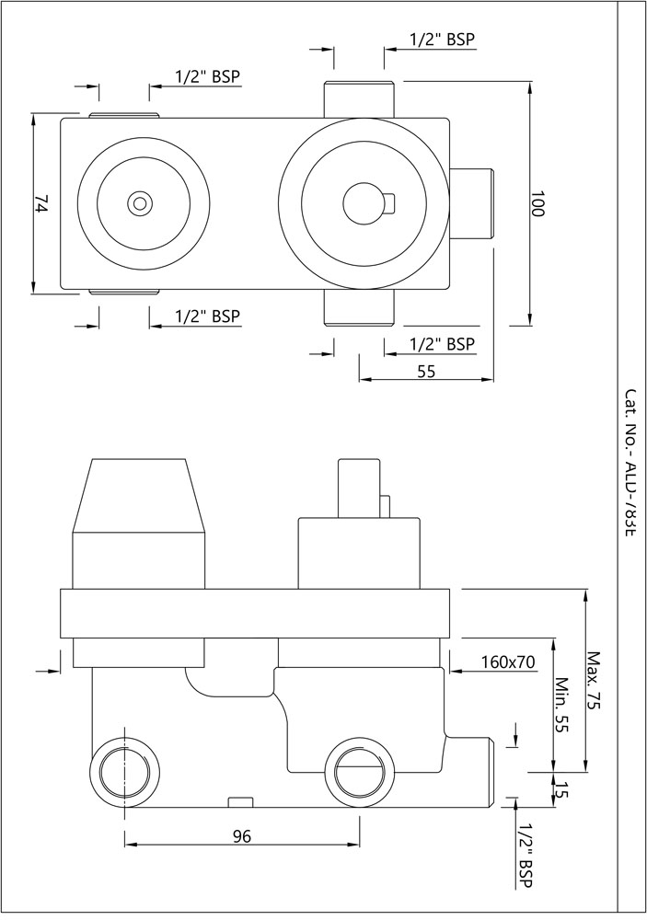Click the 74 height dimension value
pyautogui.click(x=40, y=203)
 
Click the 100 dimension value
pyautogui.click(x=537, y=204)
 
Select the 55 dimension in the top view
pyautogui.click(x=425, y=371)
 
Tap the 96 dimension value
pyautogui.click(x=241, y=836)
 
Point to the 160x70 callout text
pyautogui.click(x=507, y=661)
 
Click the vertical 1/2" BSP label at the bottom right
pyautogui.click(x=525, y=856)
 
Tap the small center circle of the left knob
pyautogui.click(x=140, y=203)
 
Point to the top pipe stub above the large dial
pyautogui.click(x=360, y=98)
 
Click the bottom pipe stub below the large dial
pyautogui.click(x=360, y=308)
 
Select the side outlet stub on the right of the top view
pyautogui.click(x=472, y=203)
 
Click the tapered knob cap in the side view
pyautogui.click(x=139, y=497)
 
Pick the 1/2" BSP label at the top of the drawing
pyautogui.click(x=442, y=40)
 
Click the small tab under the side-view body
pyautogui.click(x=239, y=801)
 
